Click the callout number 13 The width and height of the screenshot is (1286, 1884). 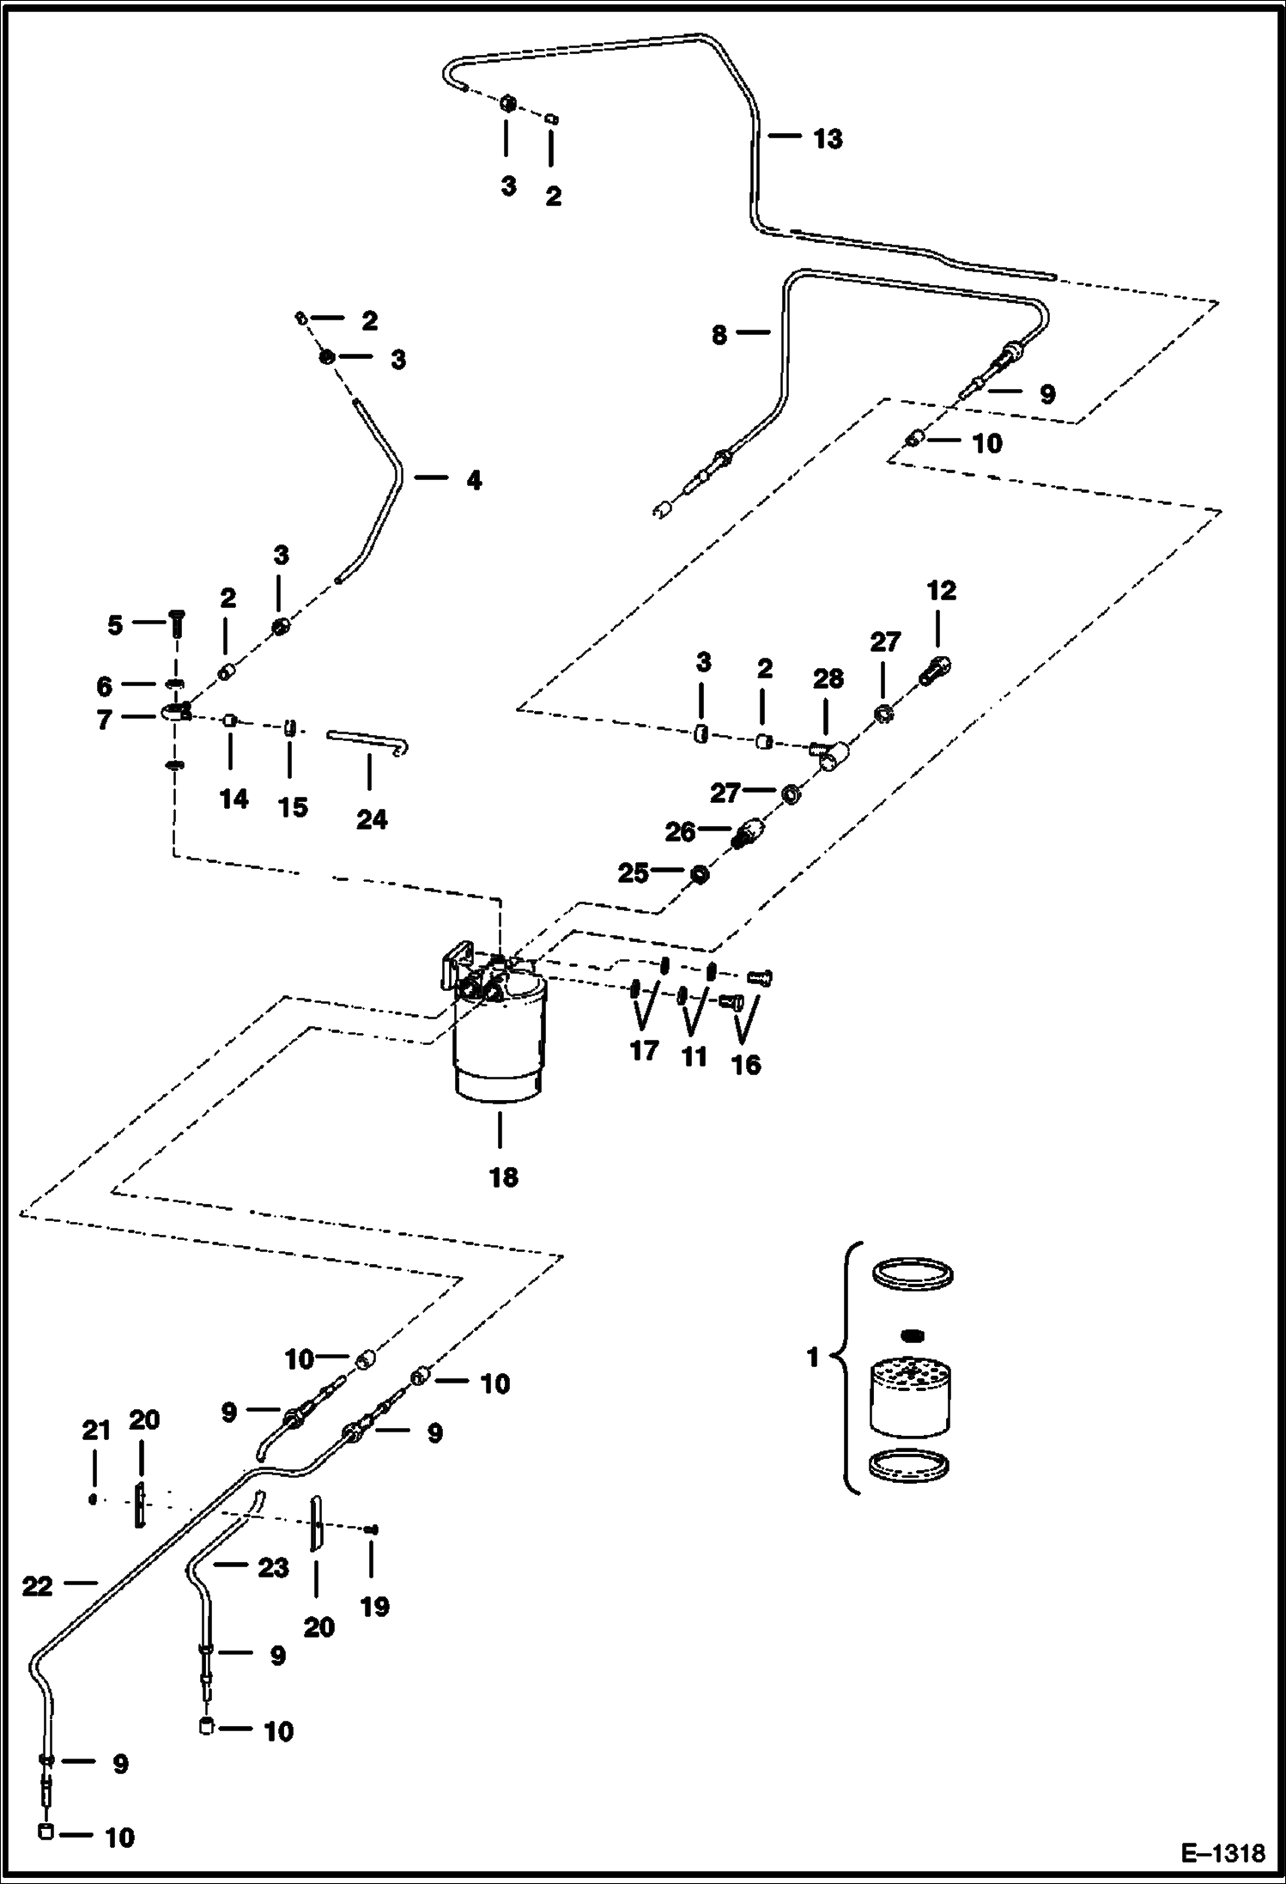[828, 138]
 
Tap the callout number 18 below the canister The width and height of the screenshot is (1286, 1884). [504, 1176]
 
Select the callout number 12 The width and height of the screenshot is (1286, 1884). [941, 590]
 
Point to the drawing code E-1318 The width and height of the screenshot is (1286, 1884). [1222, 1853]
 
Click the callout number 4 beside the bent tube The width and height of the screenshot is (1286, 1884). [474, 480]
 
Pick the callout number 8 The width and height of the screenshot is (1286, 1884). [719, 335]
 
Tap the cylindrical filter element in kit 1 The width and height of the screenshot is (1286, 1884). [910, 1398]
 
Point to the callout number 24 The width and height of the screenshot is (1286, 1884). [371, 819]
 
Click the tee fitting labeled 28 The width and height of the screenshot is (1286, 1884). [831, 756]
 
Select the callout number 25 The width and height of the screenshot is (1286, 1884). [633, 872]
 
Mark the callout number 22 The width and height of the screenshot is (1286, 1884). [37, 1586]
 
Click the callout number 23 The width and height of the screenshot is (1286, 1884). [273, 1567]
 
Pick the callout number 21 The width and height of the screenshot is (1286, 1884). [96, 1430]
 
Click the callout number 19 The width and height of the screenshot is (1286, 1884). [374, 1606]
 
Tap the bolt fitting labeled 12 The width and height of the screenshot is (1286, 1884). [937, 668]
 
